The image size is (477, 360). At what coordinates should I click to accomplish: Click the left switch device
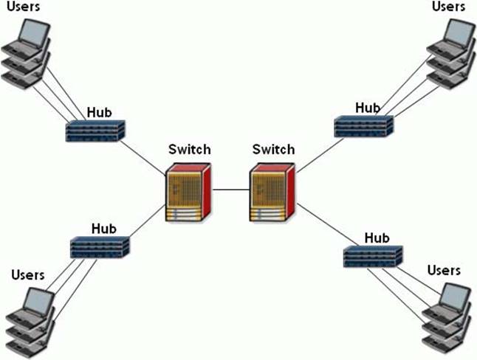pyautogui.click(x=188, y=193)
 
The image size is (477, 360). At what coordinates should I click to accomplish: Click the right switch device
pyautogui.click(x=272, y=193)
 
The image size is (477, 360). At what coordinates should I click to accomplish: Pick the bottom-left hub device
pyautogui.click(x=100, y=246)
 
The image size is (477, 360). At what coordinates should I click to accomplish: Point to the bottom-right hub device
pyautogui.click(x=373, y=255)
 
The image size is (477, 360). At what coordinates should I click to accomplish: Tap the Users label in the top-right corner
pyautogui.click(x=449, y=7)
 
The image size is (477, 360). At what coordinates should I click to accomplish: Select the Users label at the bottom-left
pyautogui.click(x=28, y=275)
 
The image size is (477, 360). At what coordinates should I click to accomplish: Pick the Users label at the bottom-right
pyautogui.click(x=444, y=271)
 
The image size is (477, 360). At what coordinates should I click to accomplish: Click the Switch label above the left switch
pyautogui.click(x=189, y=149)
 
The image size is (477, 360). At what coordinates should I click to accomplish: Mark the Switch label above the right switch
pyautogui.click(x=273, y=149)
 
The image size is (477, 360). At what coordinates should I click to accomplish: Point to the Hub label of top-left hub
pyautogui.click(x=100, y=112)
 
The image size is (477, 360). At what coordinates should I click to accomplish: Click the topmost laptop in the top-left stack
pyautogui.click(x=33, y=35)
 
